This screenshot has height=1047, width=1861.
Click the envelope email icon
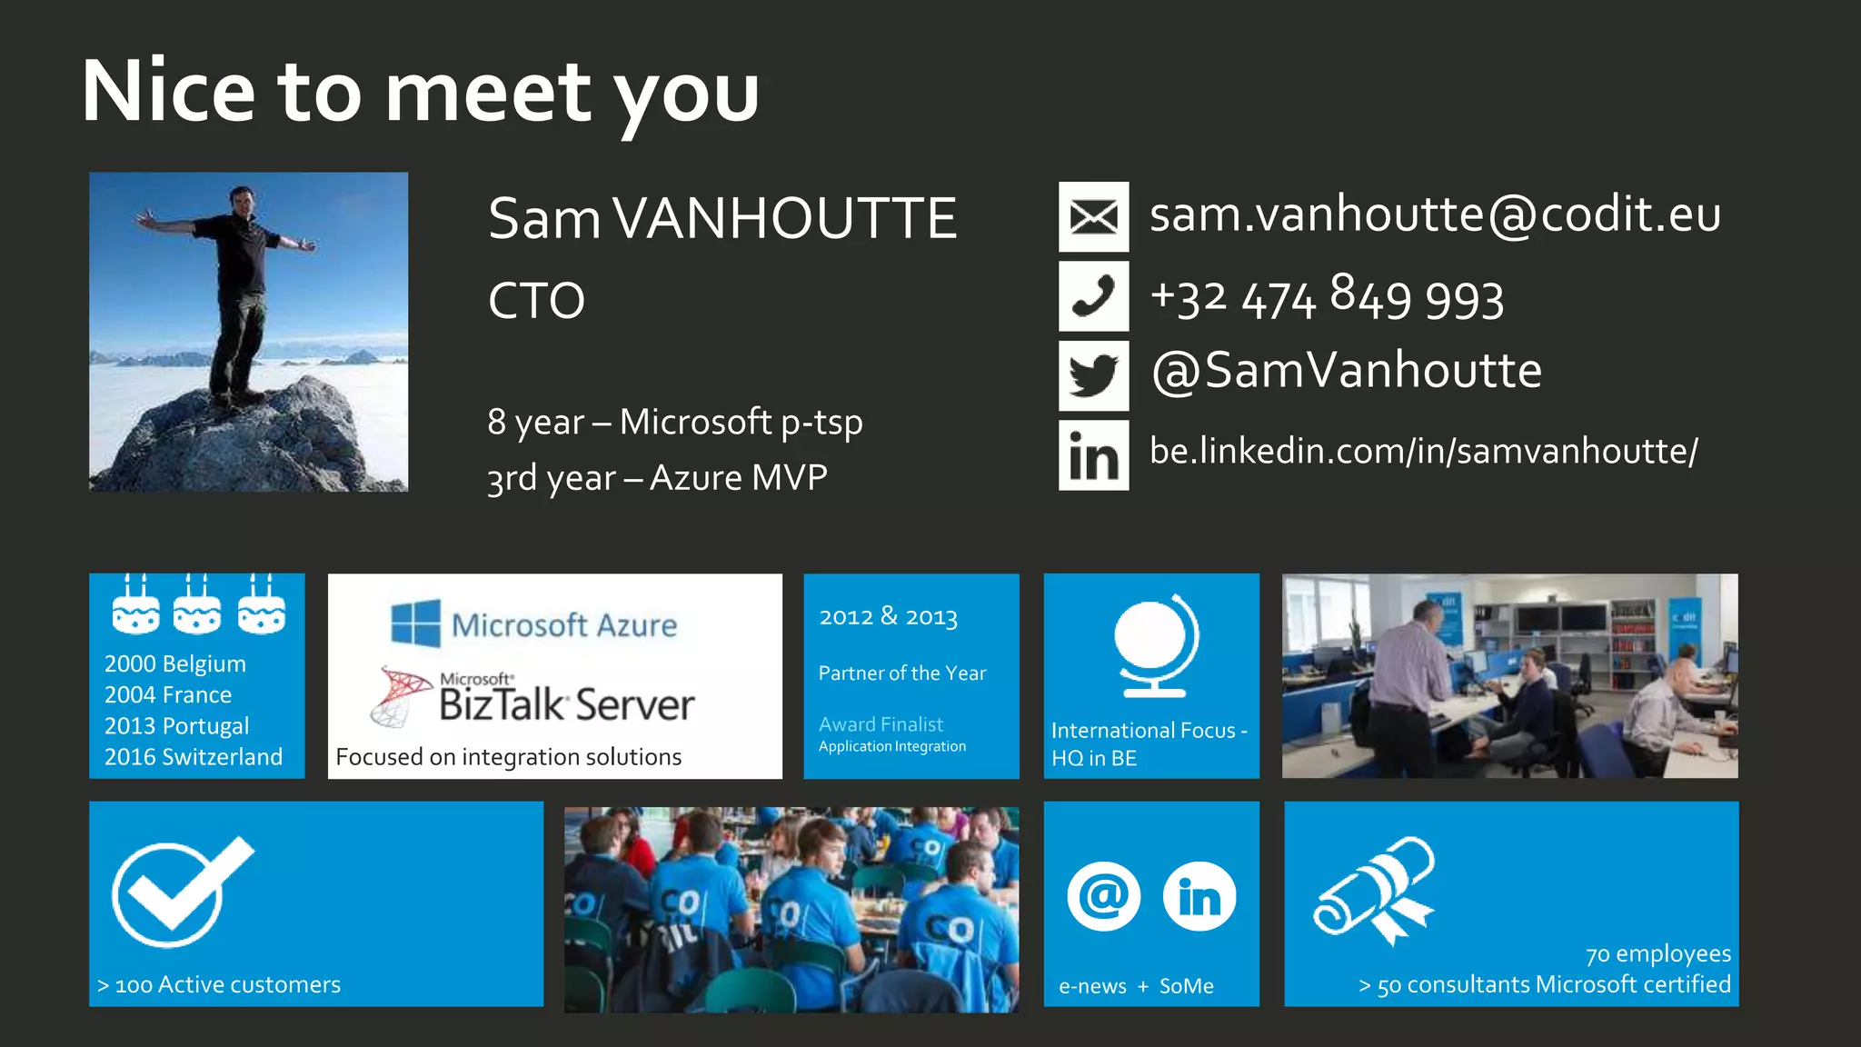tap(1093, 216)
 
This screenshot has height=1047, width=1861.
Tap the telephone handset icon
tap(1093, 296)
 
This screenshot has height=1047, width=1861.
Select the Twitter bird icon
tap(1093, 375)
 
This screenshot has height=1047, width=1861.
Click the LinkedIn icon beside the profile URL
tap(1093, 455)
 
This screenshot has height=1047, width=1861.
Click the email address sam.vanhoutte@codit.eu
tap(1435, 215)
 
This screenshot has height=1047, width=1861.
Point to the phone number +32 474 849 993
tap(1327, 298)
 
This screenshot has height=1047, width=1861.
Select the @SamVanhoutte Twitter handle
tap(1347, 371)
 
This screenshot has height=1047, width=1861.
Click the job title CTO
tap(536, 301)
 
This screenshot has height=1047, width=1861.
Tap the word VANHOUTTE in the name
tap(785, 219)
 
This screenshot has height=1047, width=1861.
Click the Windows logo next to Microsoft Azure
tap(415, 623)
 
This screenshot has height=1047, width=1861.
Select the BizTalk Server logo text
tap(565, 704)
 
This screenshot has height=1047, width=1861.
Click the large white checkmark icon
tap(180, 891)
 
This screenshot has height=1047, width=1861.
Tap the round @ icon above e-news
tap(1103, 896)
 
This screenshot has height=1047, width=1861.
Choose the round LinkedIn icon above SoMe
tap(1199, 896)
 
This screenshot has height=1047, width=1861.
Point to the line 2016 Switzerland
tap(194, 756)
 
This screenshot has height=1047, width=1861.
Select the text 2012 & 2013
tap(888, 617)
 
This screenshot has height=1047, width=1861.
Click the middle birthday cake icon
tap(197, 609)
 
